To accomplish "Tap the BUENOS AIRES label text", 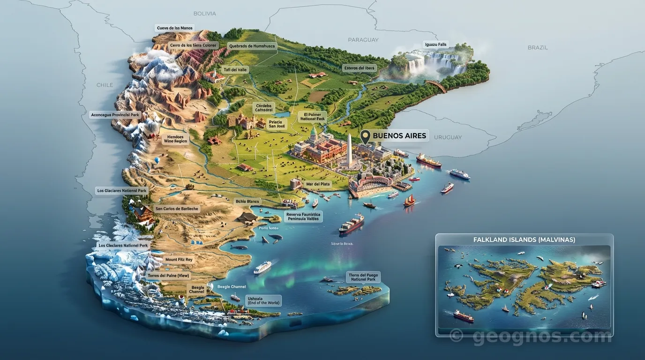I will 399,136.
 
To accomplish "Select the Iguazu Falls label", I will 436,45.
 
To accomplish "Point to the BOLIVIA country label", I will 204,14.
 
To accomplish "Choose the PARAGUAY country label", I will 363,40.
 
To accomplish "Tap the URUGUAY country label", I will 448,137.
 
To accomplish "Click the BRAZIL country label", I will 537,47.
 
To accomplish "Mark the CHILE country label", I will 105,85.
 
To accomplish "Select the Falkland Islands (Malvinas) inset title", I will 524,240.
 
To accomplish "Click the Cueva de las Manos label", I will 174,28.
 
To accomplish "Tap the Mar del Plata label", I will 318,184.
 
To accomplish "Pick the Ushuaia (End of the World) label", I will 263,300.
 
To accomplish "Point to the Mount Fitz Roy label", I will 179,260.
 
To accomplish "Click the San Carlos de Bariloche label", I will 177,209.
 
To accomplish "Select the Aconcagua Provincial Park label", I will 115,115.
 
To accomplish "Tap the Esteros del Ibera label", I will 360,68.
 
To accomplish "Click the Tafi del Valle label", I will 235,70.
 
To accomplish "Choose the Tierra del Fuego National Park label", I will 363,277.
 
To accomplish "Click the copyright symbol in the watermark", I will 456,336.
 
